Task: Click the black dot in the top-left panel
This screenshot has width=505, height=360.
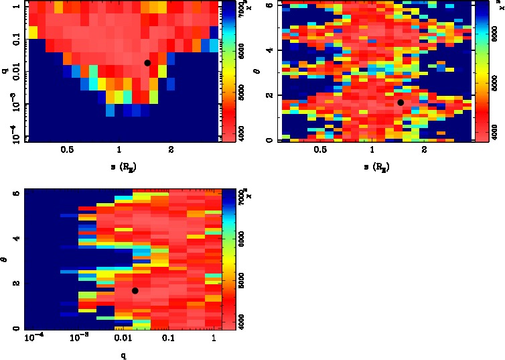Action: point(147,62)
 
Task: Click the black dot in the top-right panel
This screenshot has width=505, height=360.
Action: point(400,103)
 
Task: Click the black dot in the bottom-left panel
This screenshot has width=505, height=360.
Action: point(135,290)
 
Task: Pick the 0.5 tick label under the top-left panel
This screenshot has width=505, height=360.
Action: point(67,152)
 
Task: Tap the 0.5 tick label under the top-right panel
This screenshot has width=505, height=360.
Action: point(320,152)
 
